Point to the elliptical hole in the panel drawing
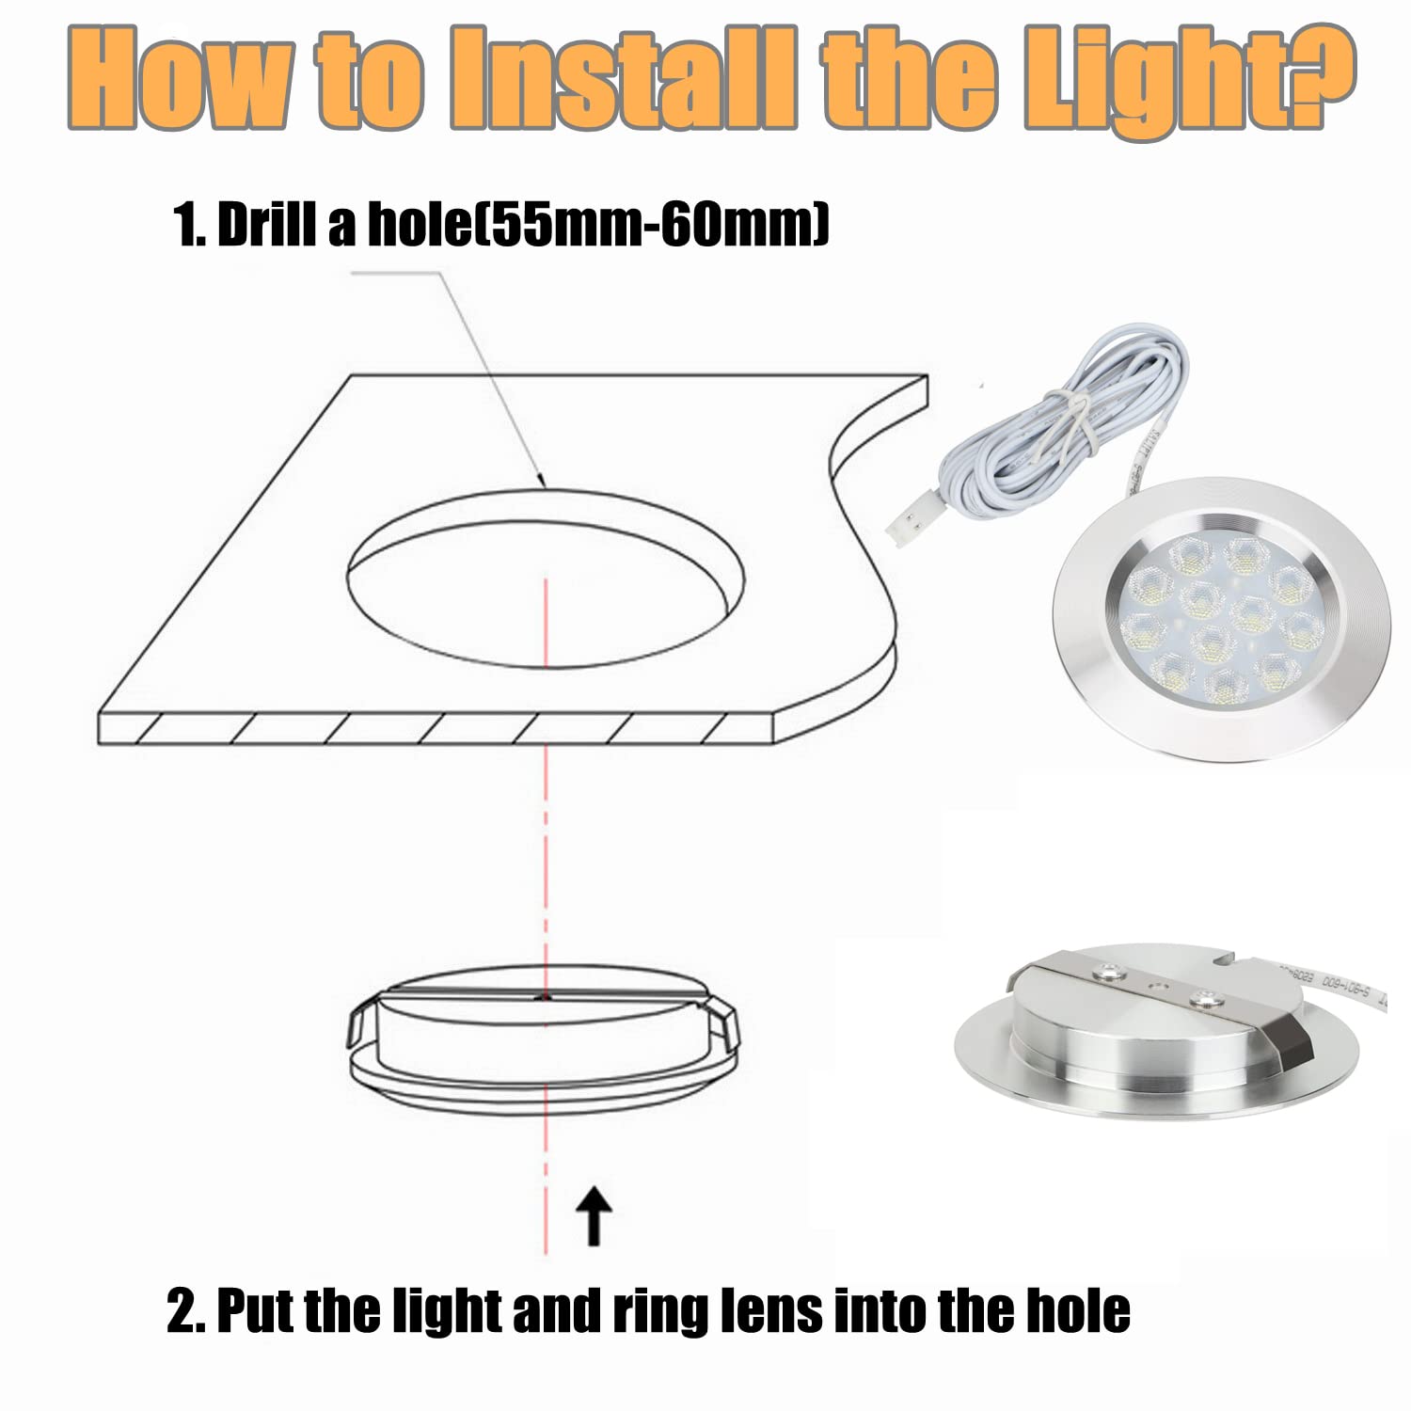(x=546, y=579)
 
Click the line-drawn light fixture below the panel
(x=544, y=1039)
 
